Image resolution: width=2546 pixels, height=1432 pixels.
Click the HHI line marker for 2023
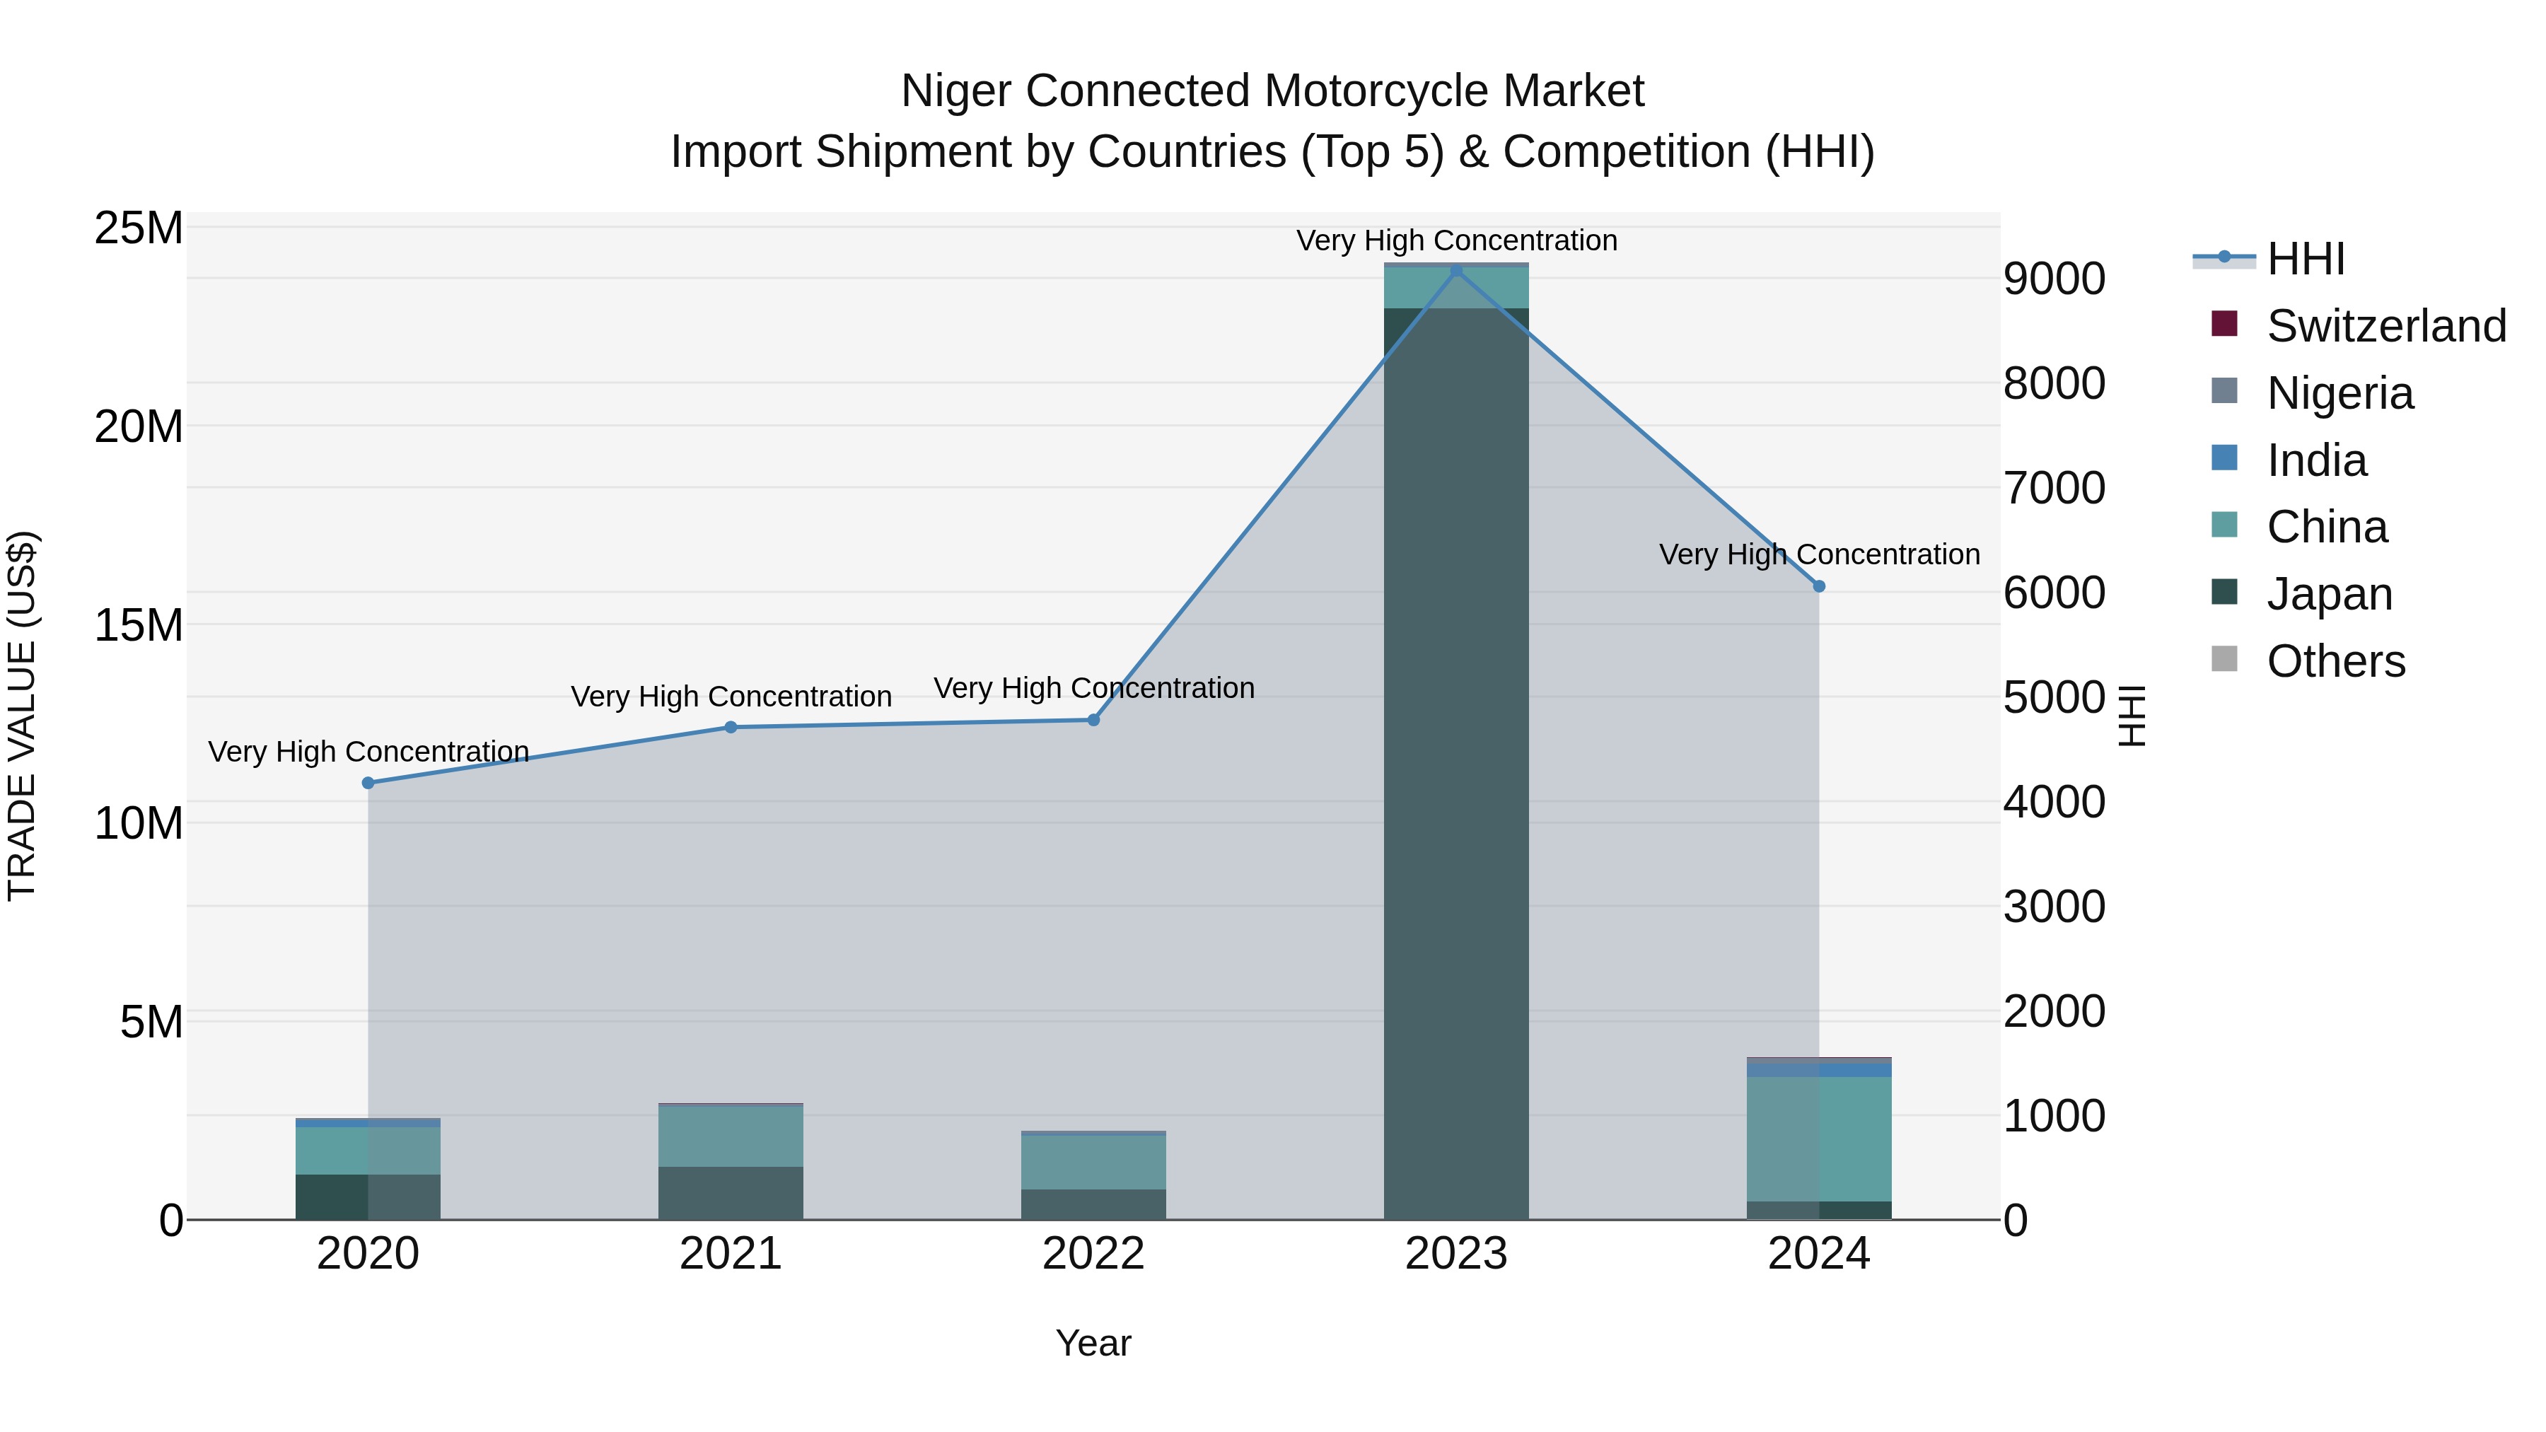(x=1456, y=271)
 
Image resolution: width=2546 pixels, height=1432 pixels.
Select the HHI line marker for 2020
(x=368, y=783)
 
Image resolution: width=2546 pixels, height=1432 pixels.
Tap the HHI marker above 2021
(x=731, y=728)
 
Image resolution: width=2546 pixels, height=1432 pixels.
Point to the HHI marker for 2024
(x=1818, y=586)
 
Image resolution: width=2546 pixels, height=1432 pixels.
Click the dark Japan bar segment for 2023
(x=1456, y=761)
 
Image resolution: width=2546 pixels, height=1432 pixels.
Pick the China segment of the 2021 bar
(x=731, y=1136)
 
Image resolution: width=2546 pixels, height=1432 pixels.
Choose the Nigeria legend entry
(x=2339, y=393)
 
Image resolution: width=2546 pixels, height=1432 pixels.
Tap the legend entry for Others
(x=2335, y=661)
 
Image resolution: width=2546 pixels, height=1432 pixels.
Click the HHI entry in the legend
(x=2305, y=259)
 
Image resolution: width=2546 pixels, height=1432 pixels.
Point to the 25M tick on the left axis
(x=139, y=228)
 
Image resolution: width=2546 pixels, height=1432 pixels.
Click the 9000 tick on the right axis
(x=2054, y=279)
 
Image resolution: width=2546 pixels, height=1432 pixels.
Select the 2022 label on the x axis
(x=1093, y=1254)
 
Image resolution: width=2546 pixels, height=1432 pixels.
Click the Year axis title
(x=1093, y=1343)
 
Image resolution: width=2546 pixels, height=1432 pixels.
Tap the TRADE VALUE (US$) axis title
(x=22, y=716)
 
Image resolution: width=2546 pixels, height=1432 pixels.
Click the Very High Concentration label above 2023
(x=1456, y=240)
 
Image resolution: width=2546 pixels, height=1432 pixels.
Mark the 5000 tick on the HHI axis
(x=2054, y=698)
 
